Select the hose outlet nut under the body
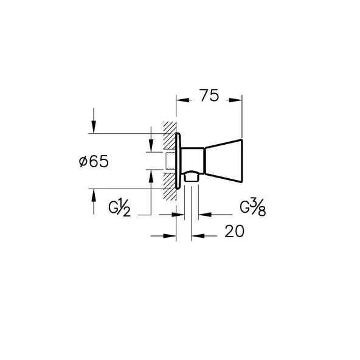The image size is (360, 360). click(192, 178)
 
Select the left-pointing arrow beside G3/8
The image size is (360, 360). click(204, 214)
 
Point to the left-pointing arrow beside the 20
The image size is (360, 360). click(196, 236)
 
